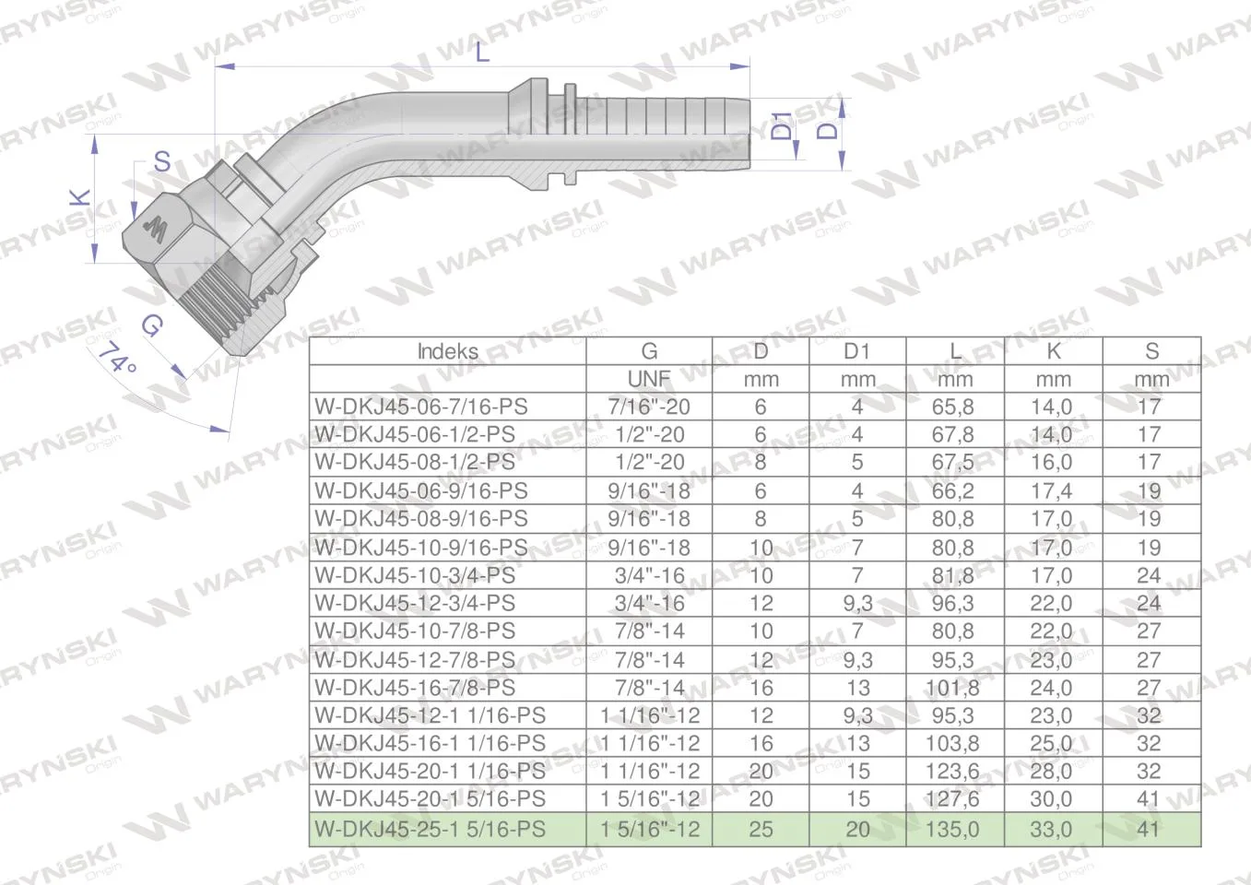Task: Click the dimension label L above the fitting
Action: click(x=482, y=53)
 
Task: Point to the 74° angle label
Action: click(x=118, y=358)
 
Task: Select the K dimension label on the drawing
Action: click(x=81, y=197)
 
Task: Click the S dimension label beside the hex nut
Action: click(x=162, y=161)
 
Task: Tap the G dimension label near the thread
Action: click(x=152, y=325)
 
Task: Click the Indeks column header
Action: click(x=448, y=351)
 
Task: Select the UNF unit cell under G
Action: click(x=649, y=379)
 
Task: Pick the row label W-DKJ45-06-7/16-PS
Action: click(x=421, y=407)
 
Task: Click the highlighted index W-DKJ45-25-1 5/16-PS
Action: click(x=430, y=829)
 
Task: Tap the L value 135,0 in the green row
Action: click(x=953, y=829)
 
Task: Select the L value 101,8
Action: click(x=953, y=688)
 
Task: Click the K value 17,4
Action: click(x=1051, y=490)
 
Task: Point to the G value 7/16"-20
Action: click(x=649, y=407)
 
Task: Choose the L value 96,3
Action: click(x=953, y=603)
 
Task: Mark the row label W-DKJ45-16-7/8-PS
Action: click(x=415, y=688)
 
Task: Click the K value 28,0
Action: click(x=1051, y=771)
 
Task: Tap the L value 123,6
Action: click(x=953, y=771)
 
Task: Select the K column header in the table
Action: click(x=1054, y=351)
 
